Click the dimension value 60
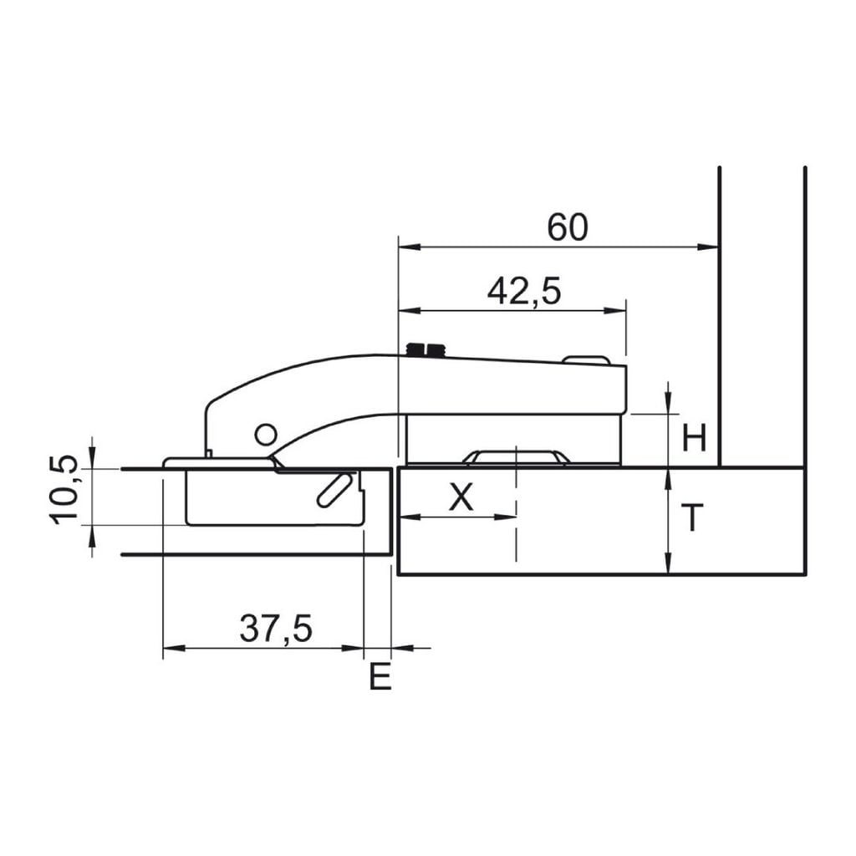[568, 227]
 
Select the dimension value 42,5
[524, 291]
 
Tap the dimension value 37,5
[276, 629]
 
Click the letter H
[694, 438]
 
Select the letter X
[461, 498]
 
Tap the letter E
[380, 677]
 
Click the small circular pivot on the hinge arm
[265, 434]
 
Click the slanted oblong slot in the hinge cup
[333, 488]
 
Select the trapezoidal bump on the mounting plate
[516, 456]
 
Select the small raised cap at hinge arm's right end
[585, 360]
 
